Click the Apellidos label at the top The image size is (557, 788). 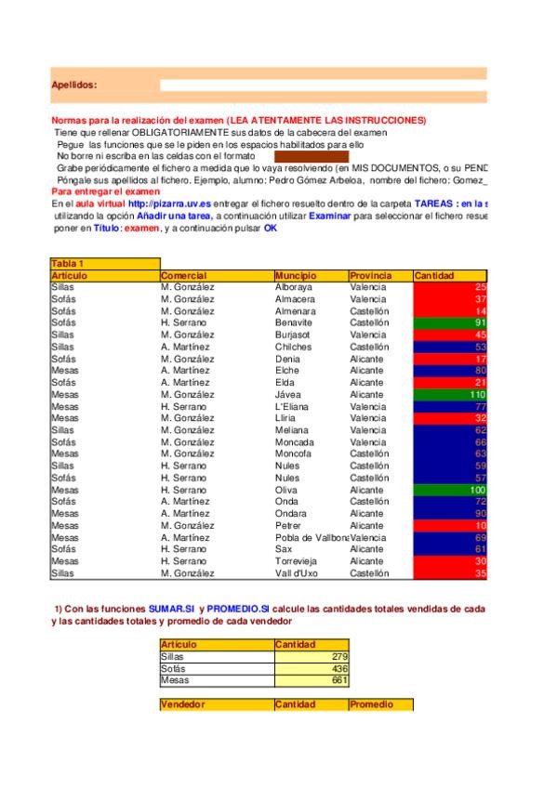pyautogui.click(x=73, y=85)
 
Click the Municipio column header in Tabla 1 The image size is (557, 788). pyautogui.click(x=296, y=276)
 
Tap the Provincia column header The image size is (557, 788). pyautogui.click(x=370, y=276)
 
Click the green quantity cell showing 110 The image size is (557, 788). pyautogui.click(x=450, y=394)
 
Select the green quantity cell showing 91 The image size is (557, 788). pyautogui.click(x=450, y=322)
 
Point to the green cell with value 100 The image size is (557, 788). pyautogui.click(x=450, y=490)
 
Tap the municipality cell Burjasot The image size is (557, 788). pyautogui.click(x=293, y=335)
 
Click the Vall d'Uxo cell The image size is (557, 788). pyautogui.click(x=297, y=573)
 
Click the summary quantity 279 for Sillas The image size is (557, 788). pyautogui.click(x=312, y=656)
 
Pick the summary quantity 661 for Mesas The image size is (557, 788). pyautogui.click(x=312, y=680)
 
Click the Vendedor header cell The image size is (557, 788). pyautogui.click(x=183, y=704)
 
